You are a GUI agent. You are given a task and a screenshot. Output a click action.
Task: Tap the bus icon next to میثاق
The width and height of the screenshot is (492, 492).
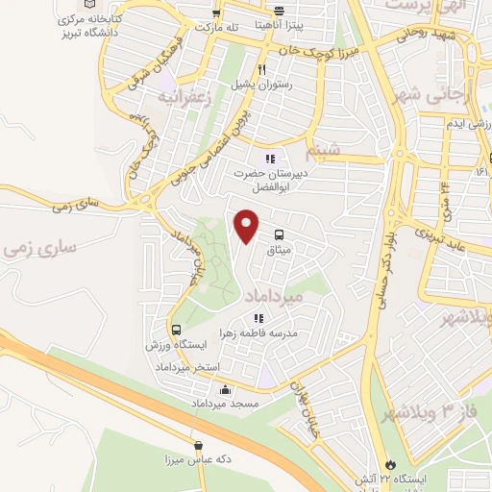(x=279, y=234)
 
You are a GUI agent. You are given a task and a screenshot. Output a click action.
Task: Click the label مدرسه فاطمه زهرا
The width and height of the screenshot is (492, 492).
(x=259, y=332)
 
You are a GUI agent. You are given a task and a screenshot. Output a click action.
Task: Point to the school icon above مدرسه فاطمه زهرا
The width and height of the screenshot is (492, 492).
(x=258, y=318)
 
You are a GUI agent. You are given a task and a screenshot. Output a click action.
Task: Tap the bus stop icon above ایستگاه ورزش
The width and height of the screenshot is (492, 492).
(x=175, y=331)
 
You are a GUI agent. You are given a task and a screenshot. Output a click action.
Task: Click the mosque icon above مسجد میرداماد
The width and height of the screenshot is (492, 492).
(x=226, y=390)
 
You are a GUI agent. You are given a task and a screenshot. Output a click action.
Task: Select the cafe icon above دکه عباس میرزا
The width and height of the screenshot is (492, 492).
(x=198, y=445)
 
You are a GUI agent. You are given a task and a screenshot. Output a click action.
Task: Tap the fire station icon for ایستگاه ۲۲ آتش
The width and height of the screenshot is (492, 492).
(x=388, y=462)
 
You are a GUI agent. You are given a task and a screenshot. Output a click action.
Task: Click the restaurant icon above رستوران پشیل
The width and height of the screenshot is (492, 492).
(x=261, y=69)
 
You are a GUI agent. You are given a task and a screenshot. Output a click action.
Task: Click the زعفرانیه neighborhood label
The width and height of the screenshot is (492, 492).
(x=182, y=97)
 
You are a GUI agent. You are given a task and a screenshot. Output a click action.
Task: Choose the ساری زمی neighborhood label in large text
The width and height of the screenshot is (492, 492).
(x=38, y=248)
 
